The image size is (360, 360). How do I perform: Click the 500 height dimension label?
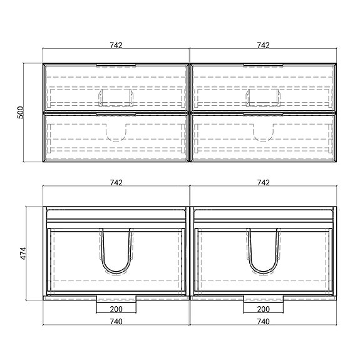(21, 113)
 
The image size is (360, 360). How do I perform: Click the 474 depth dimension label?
(23, 254)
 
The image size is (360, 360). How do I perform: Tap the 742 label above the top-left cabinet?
(116, 45)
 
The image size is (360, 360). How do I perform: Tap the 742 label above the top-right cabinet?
(263, 45)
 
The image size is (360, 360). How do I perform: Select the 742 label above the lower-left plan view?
(116, 183)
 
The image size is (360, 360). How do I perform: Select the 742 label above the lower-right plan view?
(264, 183)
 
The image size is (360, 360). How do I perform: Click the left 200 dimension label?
(116, 309)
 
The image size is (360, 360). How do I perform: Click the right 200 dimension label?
(264, 309)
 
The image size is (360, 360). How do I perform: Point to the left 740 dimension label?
(116, 321)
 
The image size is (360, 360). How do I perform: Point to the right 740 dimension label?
(264, 321)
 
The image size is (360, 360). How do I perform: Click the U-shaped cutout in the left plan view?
(116, 273)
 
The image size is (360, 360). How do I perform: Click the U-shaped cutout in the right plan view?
(264, 273)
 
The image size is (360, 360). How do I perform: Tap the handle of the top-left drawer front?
(116, 65)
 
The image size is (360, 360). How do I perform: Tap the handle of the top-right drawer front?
(264, 65)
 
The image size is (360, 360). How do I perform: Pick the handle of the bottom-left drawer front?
(116, 114)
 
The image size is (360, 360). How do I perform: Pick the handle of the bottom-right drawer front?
(264, 114)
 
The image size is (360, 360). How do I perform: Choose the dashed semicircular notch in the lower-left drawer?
(116, 141)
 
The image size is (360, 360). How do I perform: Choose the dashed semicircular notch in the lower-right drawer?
(263, 141)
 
